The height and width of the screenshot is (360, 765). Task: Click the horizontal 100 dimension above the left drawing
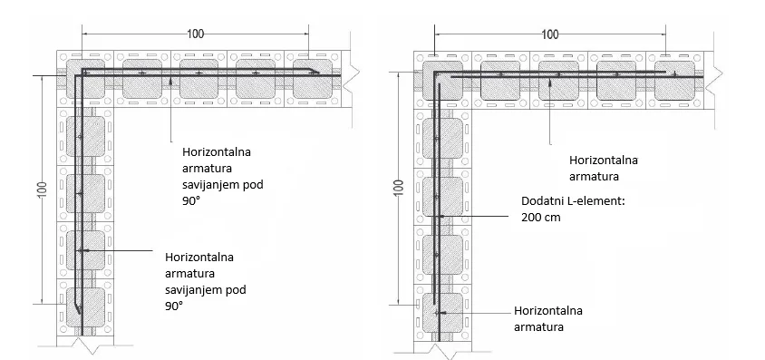pyautogui.click(x=195, y=34)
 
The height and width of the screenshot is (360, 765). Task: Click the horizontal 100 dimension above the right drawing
pyautogui.click(x=549, y=34)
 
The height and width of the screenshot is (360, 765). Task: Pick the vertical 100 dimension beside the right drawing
pyautogui.click(x=398, y=190)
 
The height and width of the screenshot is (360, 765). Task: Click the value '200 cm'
pyautogui.click(x=542, y=218)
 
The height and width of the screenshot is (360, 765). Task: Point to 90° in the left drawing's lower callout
pyautogui.click(x=174, y=306)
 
